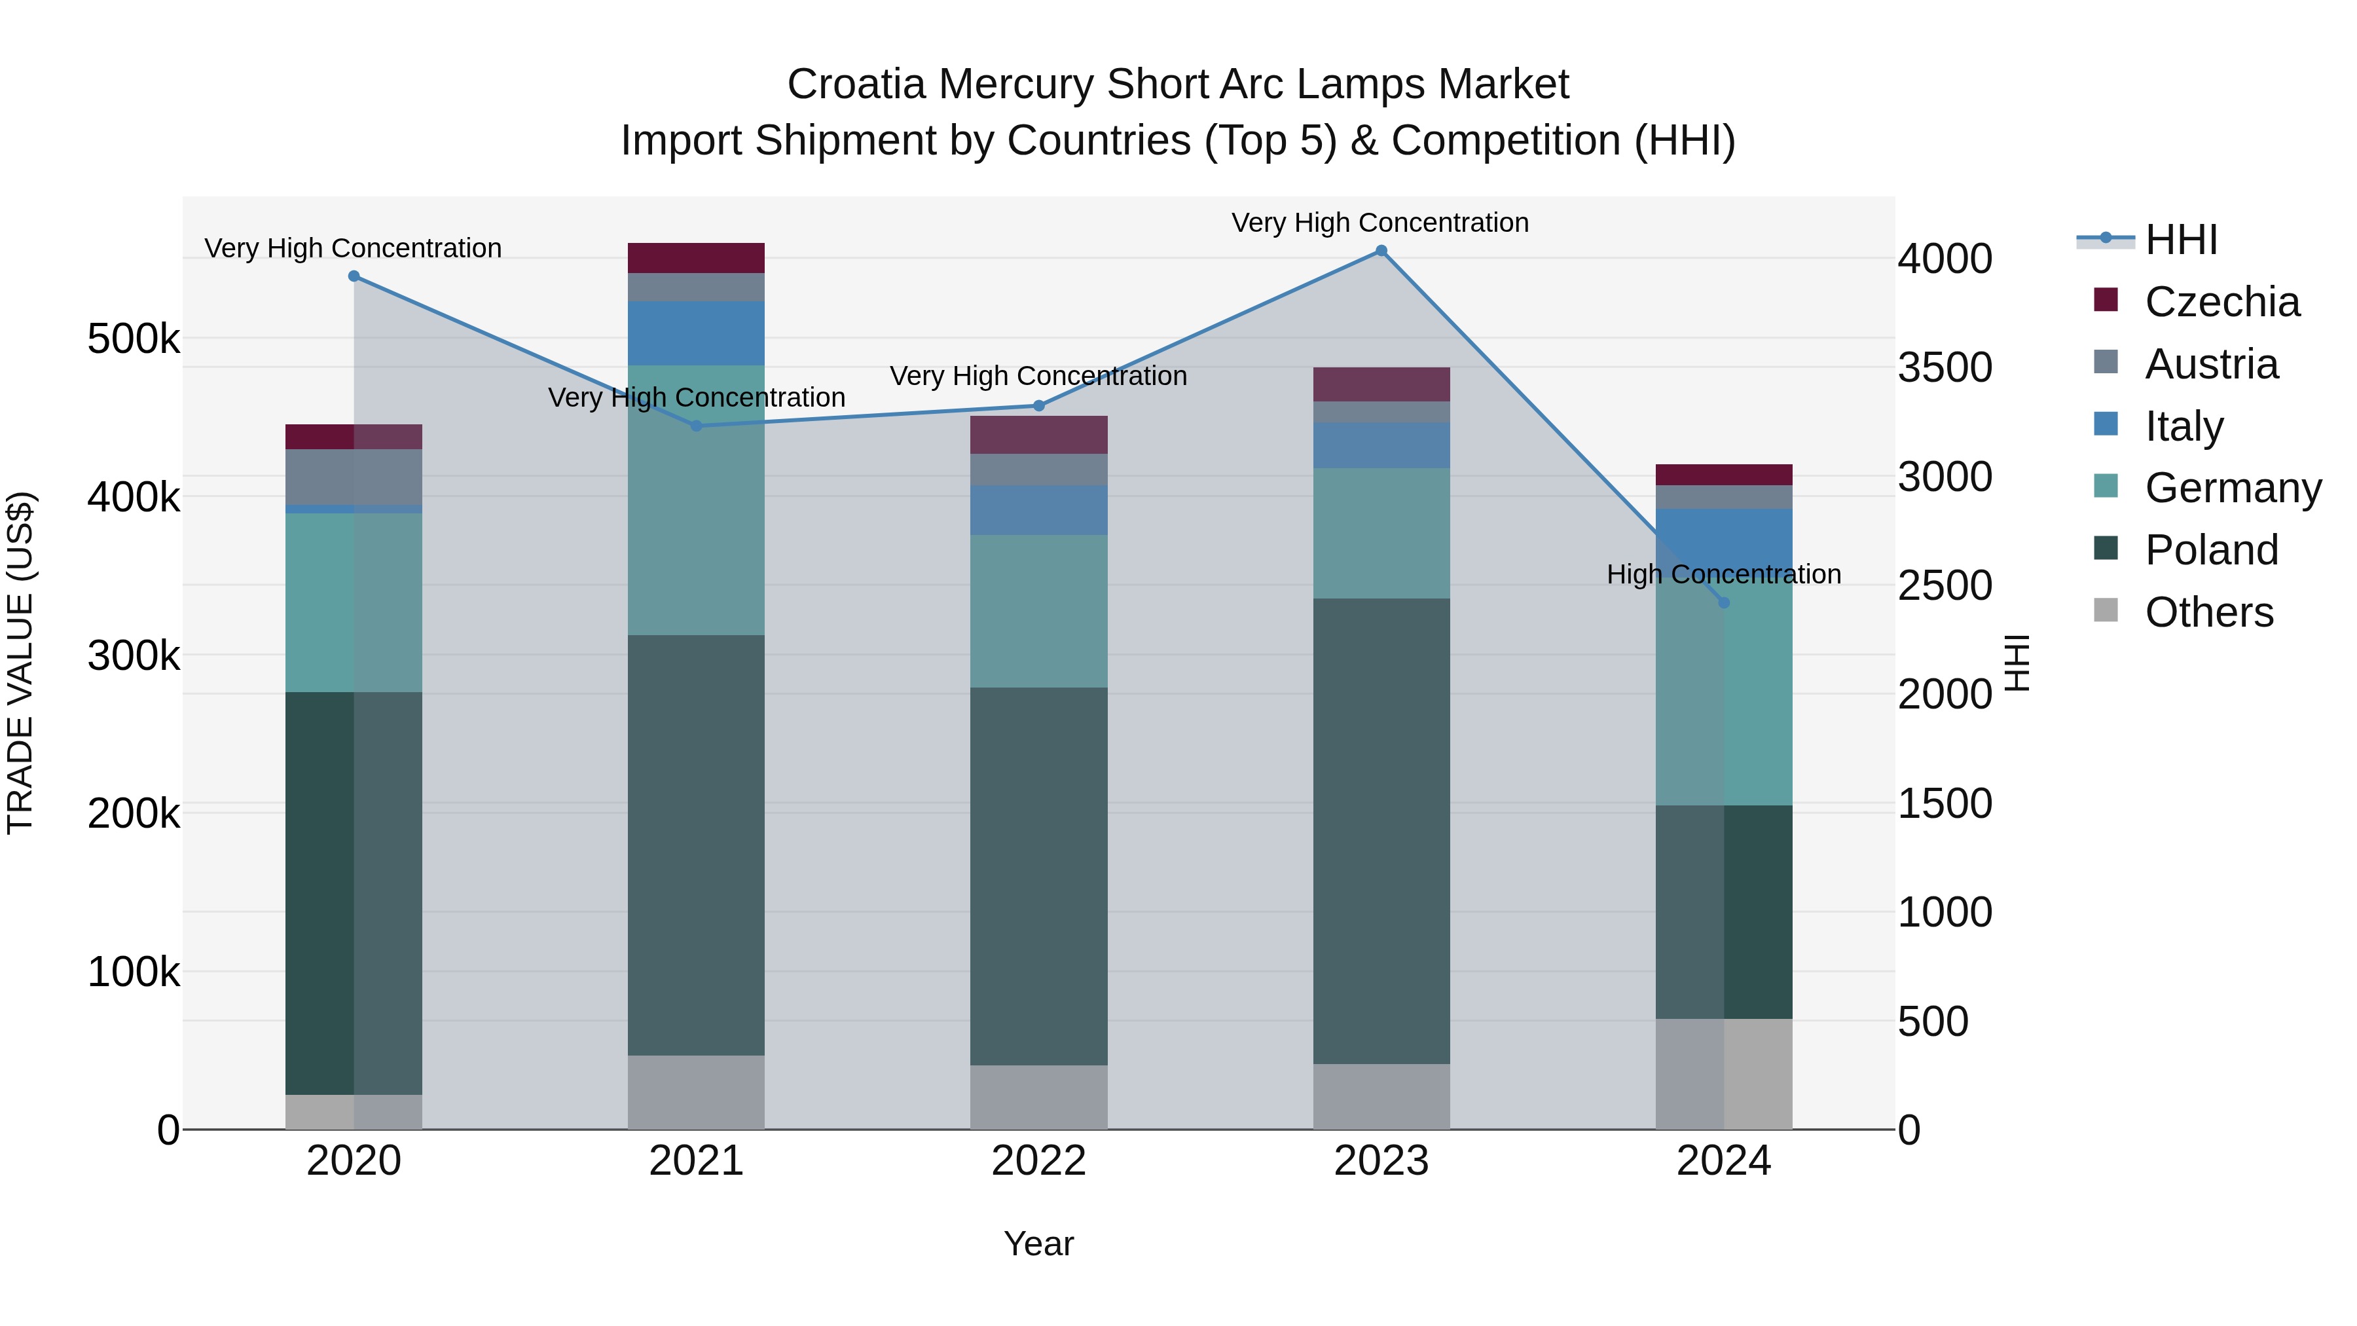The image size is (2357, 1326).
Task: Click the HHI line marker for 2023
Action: click(x=1381, y=251)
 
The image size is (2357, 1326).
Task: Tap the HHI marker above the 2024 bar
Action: click(x=1724, y=602)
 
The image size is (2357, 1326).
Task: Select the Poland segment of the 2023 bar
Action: click(x=1381, y=830)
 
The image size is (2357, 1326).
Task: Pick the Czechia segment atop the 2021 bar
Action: click(x=695, y=258)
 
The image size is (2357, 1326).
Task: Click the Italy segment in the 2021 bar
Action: click(x=695, y=333)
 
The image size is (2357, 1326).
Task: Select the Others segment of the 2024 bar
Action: click(x=1724, y=1073)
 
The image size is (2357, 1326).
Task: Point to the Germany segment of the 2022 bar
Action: click(x=1038, y=612)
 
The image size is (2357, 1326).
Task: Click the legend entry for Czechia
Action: click(x=2221, y=302)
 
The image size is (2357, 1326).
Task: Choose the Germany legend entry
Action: click(x=2232, y=488)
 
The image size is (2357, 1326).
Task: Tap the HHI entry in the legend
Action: click(x=2180, y=240)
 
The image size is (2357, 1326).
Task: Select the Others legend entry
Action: click(x=2208, y=612)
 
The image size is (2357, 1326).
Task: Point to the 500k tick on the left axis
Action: click(x=134, y=339)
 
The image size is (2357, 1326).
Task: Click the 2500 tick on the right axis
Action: click(x=1945, y=585)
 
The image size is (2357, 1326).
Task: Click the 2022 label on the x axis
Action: click(x=1038, y=1161)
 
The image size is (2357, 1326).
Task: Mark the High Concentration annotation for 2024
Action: click(x=1724, y=575)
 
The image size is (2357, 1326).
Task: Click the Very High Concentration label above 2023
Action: click(x=1379, y=223)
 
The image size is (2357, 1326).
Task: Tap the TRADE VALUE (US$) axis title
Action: click(x=20, y=663)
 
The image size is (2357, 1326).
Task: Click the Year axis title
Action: click(x=1038, y=1243)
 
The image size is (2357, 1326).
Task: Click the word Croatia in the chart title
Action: click(x=856, y=84)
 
